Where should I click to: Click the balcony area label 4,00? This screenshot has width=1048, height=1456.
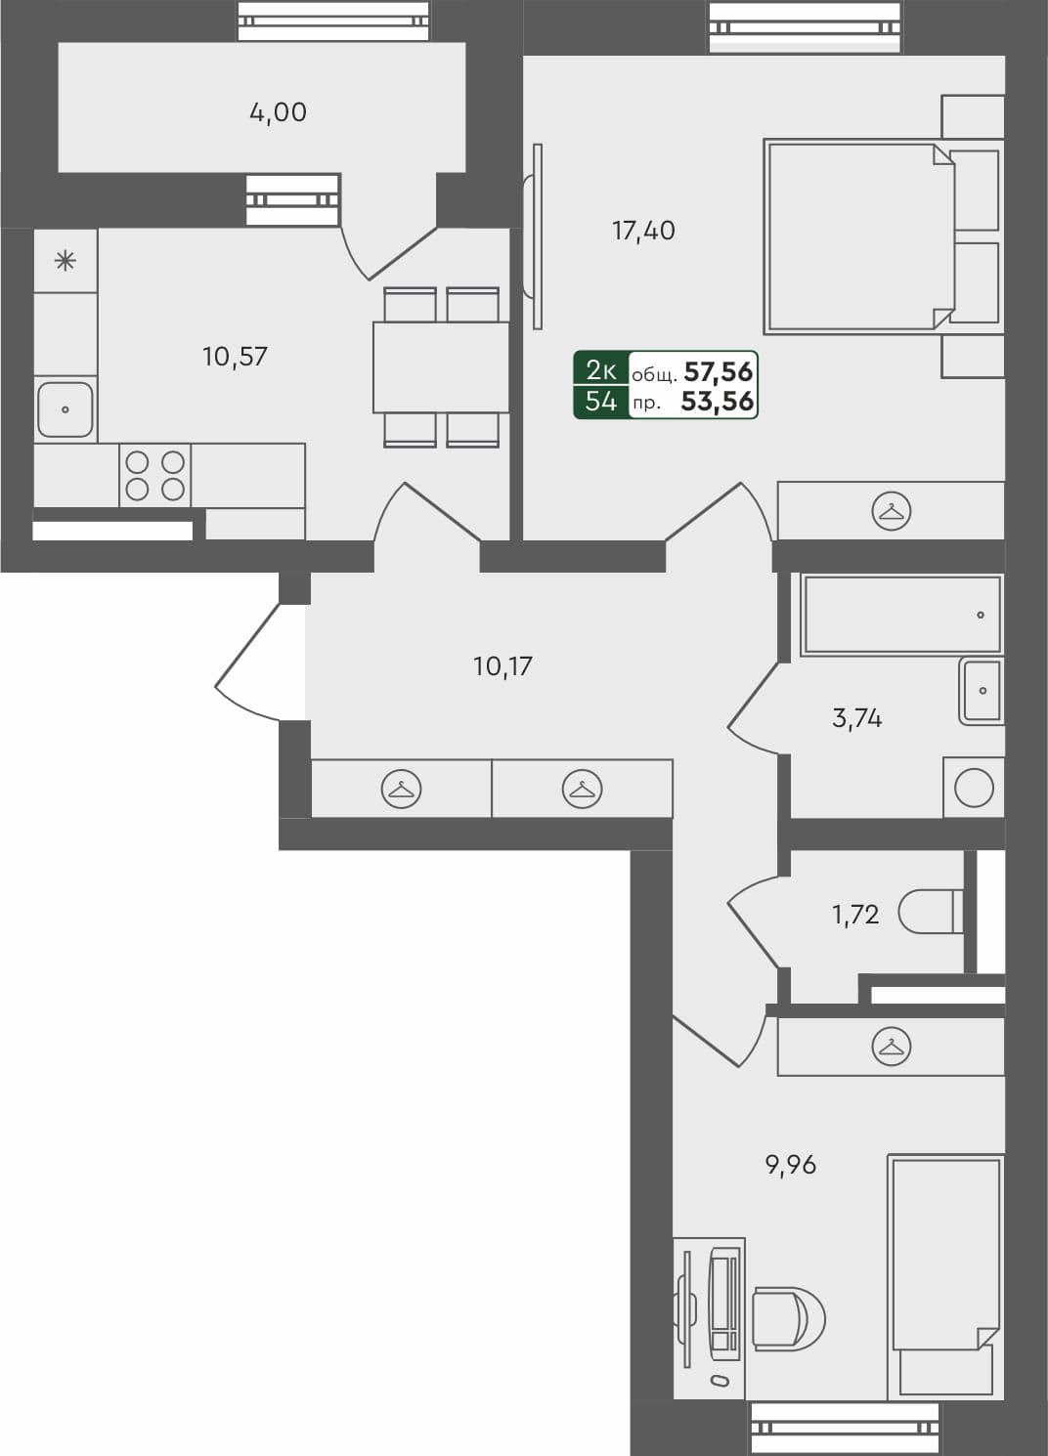coord(278,112)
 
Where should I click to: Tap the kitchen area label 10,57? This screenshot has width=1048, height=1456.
coord(235,357)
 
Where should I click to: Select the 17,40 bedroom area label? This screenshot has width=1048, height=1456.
coord(643,231)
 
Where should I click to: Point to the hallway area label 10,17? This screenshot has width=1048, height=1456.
coord(502,666)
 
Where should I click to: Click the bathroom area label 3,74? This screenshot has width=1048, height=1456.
coord(856,718)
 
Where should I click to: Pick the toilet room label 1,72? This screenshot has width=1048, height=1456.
coord(855,915)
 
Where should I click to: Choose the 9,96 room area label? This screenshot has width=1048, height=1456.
coord(790,1165)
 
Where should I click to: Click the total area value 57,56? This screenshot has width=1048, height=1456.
coord(719,371)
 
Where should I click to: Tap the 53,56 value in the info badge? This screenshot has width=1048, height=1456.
coord(718,401)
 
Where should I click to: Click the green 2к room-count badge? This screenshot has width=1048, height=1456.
coord(600,369)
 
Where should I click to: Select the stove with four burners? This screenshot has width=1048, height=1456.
coord(154,475)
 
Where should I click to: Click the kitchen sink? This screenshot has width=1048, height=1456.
coord(65,409)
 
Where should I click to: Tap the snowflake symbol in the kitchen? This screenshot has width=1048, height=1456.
coord(65,261)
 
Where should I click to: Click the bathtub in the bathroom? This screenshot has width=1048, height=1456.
coord(900,615)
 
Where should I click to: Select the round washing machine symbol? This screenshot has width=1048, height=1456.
coord(974,788)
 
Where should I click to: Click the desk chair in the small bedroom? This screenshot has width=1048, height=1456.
coord(788,1319)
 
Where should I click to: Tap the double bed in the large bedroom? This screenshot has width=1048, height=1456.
coord(860,236)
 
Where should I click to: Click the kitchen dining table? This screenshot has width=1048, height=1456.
coord(440,367)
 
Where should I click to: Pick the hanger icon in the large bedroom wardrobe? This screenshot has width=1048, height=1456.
coord(892,511)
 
